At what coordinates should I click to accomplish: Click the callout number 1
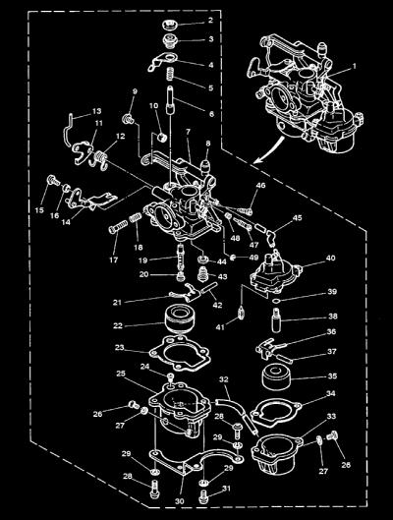(354, 66)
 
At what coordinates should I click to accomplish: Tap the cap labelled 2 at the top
(171, 25)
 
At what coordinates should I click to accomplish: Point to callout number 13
(96, 111)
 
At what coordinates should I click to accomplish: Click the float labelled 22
(179, 318)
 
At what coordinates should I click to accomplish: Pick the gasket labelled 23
(180, 353)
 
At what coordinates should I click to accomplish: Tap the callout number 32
(224, 379)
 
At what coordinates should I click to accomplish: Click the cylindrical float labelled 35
(276, 376)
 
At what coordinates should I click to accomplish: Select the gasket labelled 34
(276, 412)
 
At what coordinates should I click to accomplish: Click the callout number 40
(330, 258)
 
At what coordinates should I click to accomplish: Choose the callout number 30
(179, 501)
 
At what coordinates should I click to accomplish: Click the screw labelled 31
(204, 496)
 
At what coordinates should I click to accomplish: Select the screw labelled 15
(53, 180)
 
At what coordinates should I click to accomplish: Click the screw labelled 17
(118, 227)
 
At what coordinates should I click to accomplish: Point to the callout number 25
(121, 374)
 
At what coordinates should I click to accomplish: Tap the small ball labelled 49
(233, 258)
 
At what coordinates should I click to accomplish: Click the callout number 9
(135, 91)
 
